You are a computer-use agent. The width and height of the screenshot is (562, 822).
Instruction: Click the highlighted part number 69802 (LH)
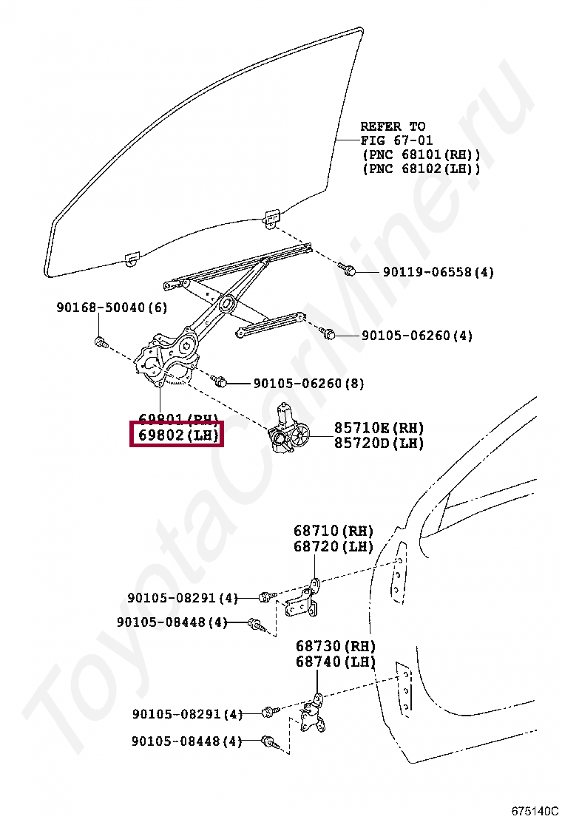click(176, 435)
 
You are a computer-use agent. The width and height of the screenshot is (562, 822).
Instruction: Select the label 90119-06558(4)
click(438, 272)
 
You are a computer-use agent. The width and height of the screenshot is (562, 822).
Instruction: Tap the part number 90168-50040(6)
click(111, 308)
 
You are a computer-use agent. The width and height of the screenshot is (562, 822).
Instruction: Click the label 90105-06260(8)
click(308, 383)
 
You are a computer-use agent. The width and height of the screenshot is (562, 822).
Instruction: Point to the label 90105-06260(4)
click(416, 336)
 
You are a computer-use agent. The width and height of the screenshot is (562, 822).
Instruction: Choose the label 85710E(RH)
click(379, 428)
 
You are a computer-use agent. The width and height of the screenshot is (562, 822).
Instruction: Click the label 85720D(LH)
click(379, 444)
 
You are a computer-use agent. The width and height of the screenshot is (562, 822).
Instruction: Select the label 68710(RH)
click(334, 531)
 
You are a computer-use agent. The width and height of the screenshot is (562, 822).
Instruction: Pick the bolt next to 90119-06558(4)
click(348, 270)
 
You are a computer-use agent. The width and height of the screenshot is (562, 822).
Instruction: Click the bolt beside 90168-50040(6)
click(101, 342)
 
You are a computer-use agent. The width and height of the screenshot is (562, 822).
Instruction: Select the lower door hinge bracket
click(314, 715)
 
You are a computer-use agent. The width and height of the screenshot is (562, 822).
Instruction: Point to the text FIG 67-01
click(396, 140)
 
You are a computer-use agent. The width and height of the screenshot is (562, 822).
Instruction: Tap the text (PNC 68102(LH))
click(421, 169)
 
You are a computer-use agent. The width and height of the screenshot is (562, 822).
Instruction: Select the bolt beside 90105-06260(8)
click(219, 381)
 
